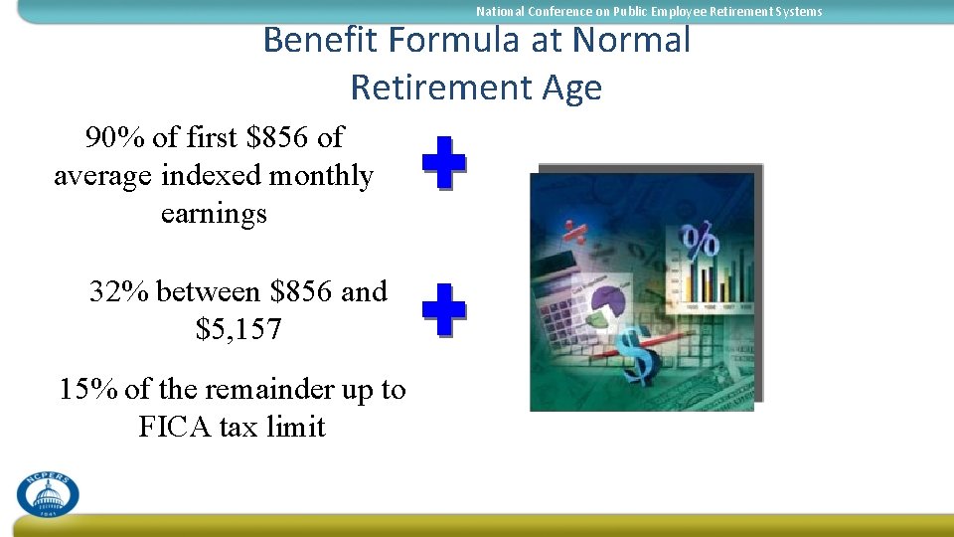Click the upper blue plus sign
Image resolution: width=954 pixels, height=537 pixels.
click(x=443, y=163)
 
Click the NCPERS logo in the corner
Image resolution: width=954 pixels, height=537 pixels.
click(x=48, y=492)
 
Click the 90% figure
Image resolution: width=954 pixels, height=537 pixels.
click(x=114, y=137)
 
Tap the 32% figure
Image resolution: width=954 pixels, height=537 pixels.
click(x=119, y=291)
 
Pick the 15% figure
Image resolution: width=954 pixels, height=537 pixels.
click(x=88, y=389)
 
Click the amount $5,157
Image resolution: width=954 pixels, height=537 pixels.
click(x=238, y=329)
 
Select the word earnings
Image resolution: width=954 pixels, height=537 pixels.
click(x=214, y=214)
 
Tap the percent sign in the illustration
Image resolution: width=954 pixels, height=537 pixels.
click(x=699, y=241)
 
